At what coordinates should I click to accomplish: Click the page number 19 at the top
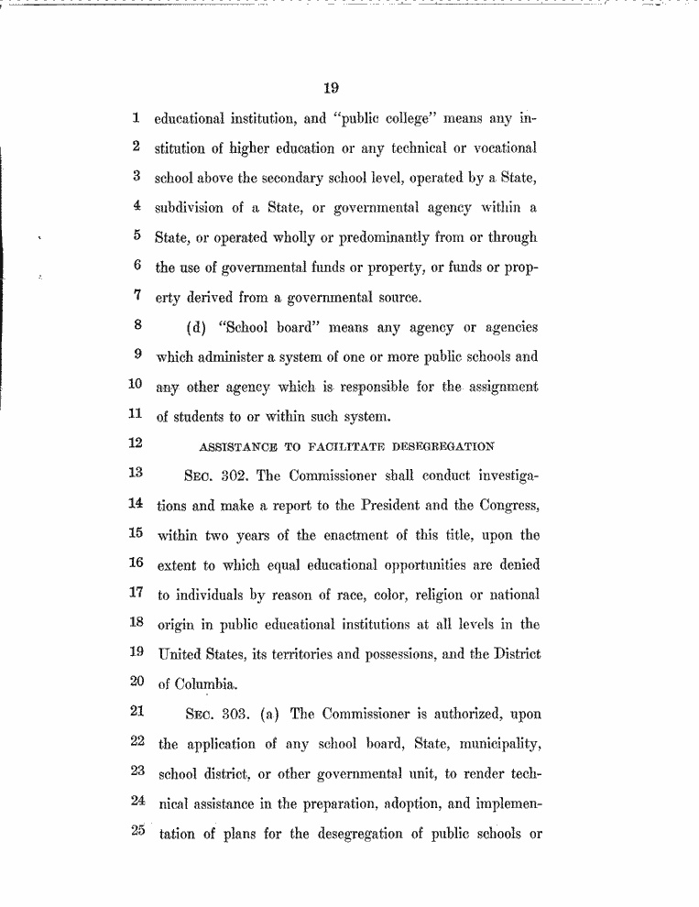[332, 89]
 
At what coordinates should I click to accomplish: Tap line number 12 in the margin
[137, 445]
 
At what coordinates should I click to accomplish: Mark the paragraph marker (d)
[196, 327]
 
